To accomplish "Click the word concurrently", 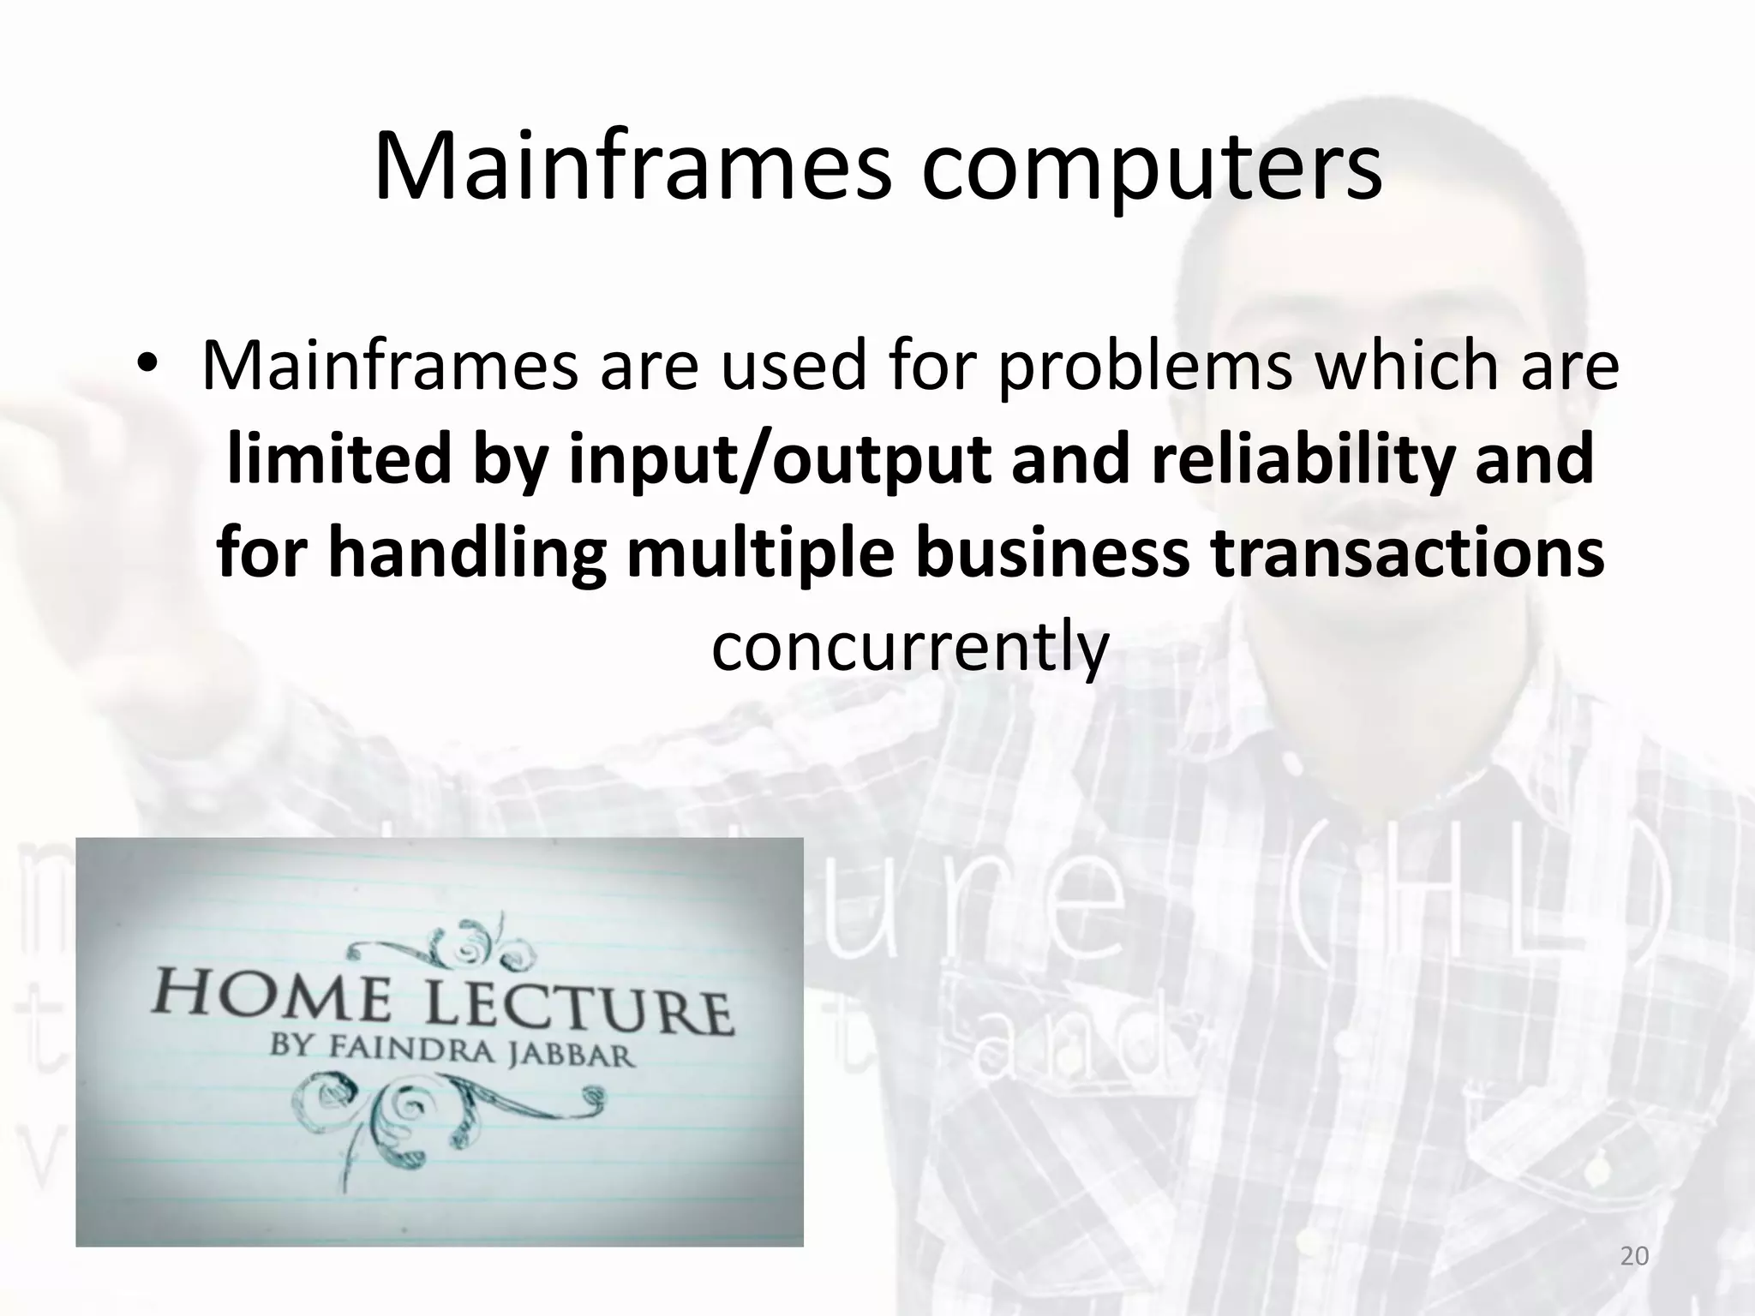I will (910, 647).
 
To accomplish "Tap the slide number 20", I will (1635, 1256).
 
